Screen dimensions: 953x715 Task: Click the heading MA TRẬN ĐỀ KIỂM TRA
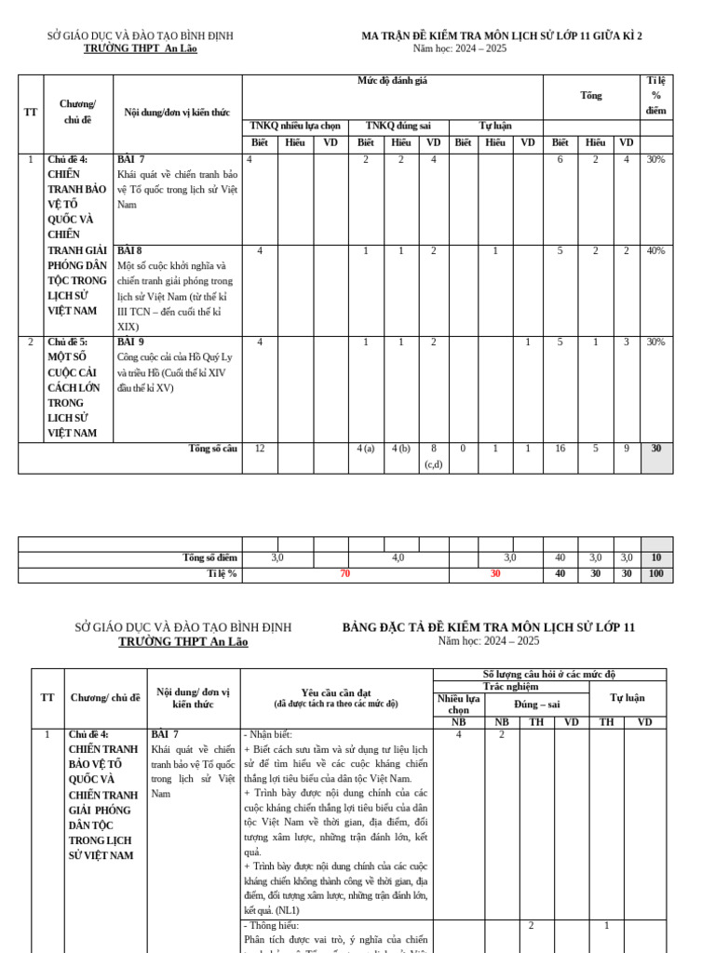point(501,36)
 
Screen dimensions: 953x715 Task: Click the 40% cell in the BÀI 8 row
point(656,250)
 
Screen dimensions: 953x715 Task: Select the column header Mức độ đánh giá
point(392,81)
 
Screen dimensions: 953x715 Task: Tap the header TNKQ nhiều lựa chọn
point(295,126)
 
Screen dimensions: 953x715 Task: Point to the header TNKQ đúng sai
point(398,126)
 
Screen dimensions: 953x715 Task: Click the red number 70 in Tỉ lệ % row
point(344,574)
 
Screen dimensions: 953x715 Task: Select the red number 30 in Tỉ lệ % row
point(495,574)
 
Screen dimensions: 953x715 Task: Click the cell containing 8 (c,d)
point(433,456)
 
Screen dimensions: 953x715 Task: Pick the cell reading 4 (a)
point(366,449)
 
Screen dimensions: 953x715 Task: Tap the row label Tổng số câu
point(213,449)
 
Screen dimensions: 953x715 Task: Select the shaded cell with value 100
point(656,574)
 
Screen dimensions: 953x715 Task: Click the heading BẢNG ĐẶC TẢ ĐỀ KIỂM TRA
point(488,627)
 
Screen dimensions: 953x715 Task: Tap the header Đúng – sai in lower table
point(536,705)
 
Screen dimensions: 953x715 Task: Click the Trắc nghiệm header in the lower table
point(510,686)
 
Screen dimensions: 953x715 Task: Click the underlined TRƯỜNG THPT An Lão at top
point(140,49)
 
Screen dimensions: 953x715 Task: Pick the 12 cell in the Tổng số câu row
point(260,449)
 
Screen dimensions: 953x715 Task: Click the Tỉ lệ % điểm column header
point(656,95)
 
